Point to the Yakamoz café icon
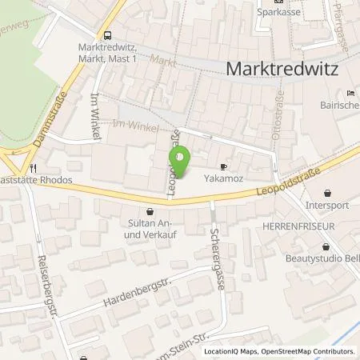coord(223,168)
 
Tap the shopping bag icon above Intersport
coord(329,193)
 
